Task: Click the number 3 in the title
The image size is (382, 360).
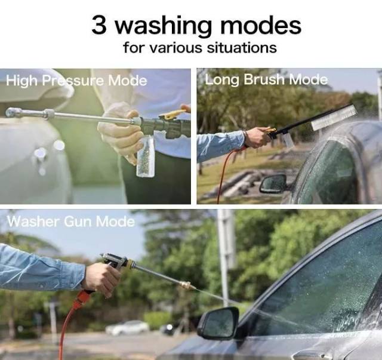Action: click(99, 25)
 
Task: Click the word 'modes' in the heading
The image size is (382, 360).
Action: click(261, 25)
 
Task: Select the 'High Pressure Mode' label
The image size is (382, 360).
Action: click(76, 81)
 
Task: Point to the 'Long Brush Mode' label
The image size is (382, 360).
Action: click(266, 80)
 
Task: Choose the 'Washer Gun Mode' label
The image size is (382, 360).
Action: click(71, 221)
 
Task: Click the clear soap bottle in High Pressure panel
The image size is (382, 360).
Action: click(146, 156)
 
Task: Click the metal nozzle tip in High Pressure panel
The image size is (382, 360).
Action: click(13, 112)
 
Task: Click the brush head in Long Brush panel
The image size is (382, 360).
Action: click(334, 118)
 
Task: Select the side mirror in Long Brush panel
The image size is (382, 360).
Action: click(273, 184)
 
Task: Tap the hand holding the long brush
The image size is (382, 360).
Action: click(258, 137)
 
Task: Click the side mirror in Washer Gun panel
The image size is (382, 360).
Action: click(218, 324)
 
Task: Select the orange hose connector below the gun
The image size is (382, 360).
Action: click(82, 299)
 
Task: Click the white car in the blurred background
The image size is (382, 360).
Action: click(127, 328)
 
